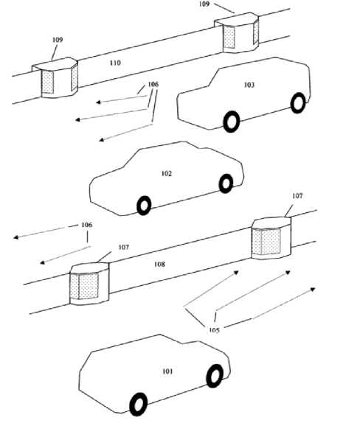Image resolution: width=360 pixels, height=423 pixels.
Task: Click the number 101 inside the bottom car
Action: point(167,371)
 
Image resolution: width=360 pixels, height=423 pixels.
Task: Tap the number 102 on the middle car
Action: point(167,173)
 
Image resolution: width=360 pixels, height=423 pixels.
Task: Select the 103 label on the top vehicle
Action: point(249,85)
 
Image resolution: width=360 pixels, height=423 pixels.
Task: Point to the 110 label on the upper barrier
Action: point(115,63)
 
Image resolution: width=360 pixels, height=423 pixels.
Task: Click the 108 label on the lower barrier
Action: point(159,264)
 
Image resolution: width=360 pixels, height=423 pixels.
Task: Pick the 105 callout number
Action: point(214,330)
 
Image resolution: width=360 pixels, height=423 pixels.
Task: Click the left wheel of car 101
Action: point(139,404)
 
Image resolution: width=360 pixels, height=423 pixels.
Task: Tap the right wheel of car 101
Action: point(215,376)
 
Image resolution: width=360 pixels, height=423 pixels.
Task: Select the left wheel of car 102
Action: point(144,206)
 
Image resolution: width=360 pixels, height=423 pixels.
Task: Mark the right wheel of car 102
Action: point(226,183)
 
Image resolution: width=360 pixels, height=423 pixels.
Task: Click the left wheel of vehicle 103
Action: point(232,122)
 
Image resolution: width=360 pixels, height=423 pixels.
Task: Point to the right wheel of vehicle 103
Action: point(298,103)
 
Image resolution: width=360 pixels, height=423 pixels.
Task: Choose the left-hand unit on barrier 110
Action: point(55,77)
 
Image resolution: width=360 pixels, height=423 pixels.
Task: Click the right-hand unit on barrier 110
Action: point(237,32)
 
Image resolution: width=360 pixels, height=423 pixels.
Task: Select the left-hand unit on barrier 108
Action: point(90,283)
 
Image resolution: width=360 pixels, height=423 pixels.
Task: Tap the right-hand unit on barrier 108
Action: point(271,238)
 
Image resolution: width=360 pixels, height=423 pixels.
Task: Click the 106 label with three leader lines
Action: point(153,85)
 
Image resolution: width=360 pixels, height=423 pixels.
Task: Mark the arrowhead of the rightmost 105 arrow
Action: point(313,290)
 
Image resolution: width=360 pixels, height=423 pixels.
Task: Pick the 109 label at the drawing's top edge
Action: point(204,4)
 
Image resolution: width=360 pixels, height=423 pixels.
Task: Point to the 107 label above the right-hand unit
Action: point(297,196)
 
